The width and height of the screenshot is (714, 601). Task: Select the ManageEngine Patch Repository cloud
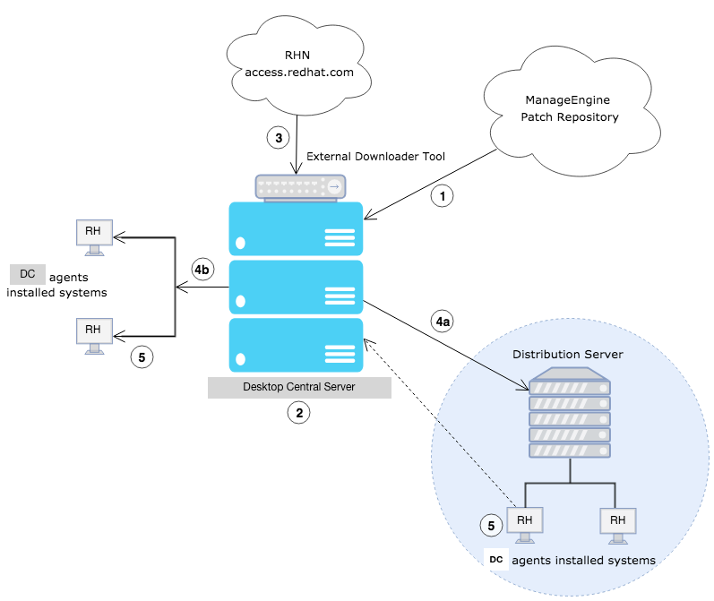(x=570, y=109)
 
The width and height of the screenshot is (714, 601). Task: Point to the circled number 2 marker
(x=298, y=413)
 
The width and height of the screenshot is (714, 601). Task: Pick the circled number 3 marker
(x=279, y=138)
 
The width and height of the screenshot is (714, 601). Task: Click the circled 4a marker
(x=442, y=321)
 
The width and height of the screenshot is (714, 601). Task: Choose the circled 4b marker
(x=203, y=268)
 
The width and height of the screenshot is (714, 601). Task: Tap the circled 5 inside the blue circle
(x=490, y=526)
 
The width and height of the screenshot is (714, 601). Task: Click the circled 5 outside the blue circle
(x=142, y=356)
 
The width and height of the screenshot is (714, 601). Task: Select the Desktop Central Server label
(x=299, y=387)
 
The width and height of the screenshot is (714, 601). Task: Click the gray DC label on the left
(x=28, y=274)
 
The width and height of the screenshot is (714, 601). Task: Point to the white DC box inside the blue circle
(x=495, y=561)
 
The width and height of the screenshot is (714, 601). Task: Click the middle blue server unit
(x=297, y=287)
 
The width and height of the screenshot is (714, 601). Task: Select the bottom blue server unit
(x=297, y=346)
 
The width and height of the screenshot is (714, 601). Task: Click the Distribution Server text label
(x=567, y=355)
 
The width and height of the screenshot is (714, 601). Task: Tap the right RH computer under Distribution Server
(x=617, y=523)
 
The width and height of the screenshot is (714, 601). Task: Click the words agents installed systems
(x=583, y=561)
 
